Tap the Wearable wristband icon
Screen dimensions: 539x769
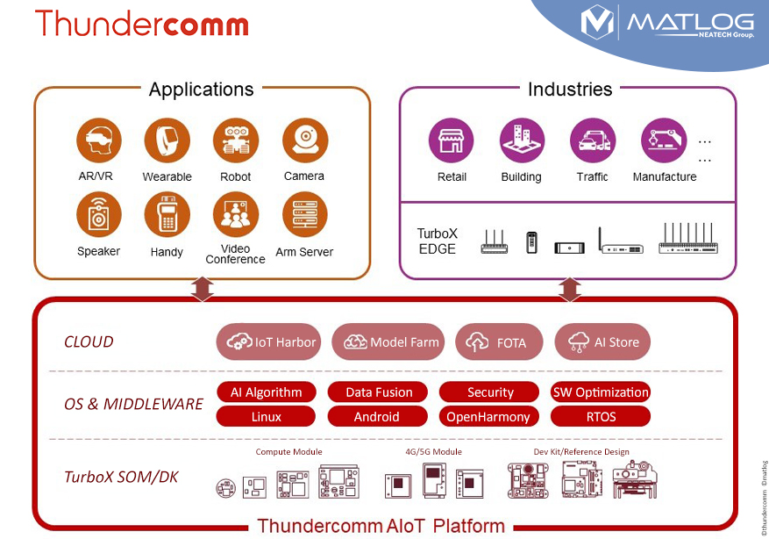[x=166, y=140]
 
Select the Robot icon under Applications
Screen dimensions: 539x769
[x=235, y=140]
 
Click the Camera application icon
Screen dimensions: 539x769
[x=304, y=140]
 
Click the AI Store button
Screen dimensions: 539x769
[x=602, y=342]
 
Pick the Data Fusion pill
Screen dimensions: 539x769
[x=378, y=392]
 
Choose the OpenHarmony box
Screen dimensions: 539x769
[x=488, y=416]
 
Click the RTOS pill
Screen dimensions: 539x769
[x=601, y=416]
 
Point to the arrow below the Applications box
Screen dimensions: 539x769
[x=203, y=288]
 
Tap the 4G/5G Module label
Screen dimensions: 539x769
[x=433, y=452]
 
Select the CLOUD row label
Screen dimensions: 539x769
[x=89, y=342]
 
